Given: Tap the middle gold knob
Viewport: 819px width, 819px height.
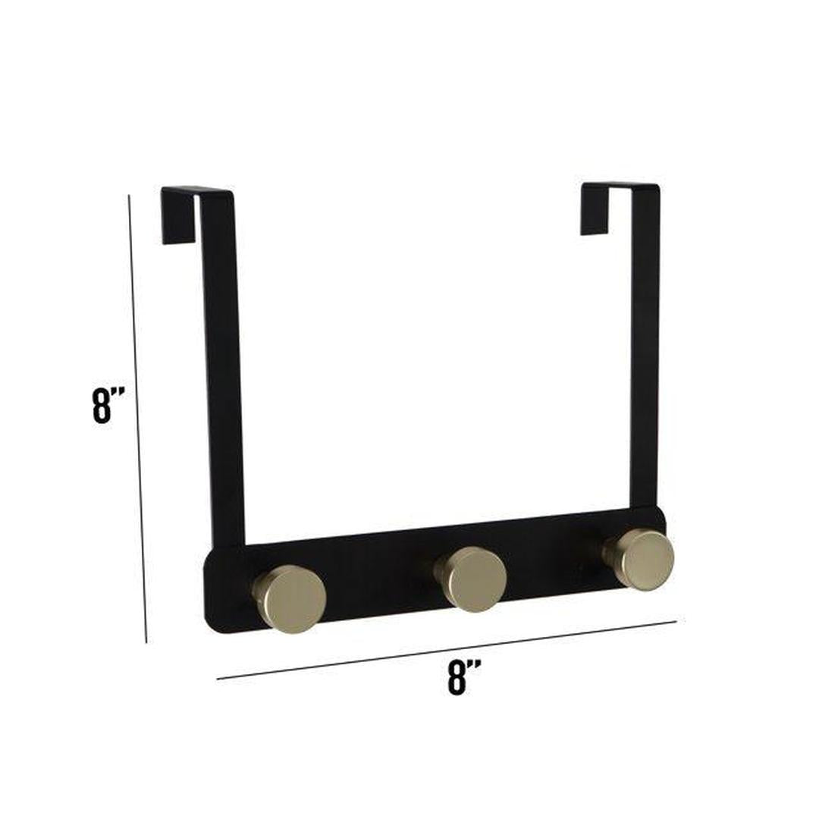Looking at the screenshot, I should click(473, 579).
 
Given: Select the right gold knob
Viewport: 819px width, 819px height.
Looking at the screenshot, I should click(643, 559).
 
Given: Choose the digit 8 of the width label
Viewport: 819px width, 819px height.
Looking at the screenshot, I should click(457, 677).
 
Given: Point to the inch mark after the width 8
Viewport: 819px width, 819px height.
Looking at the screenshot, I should click(474, 665).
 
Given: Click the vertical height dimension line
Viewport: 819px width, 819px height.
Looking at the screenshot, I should click(137, 417).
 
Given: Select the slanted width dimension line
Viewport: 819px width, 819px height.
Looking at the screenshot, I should click(447, 650).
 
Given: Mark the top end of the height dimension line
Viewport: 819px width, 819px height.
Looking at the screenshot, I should click(129, 196).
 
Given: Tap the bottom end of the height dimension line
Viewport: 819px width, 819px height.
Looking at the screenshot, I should click(146, 642).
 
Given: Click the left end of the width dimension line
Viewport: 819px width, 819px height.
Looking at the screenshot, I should click(218, 679).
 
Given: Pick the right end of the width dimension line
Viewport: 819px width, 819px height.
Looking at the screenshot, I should click(675, 621).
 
